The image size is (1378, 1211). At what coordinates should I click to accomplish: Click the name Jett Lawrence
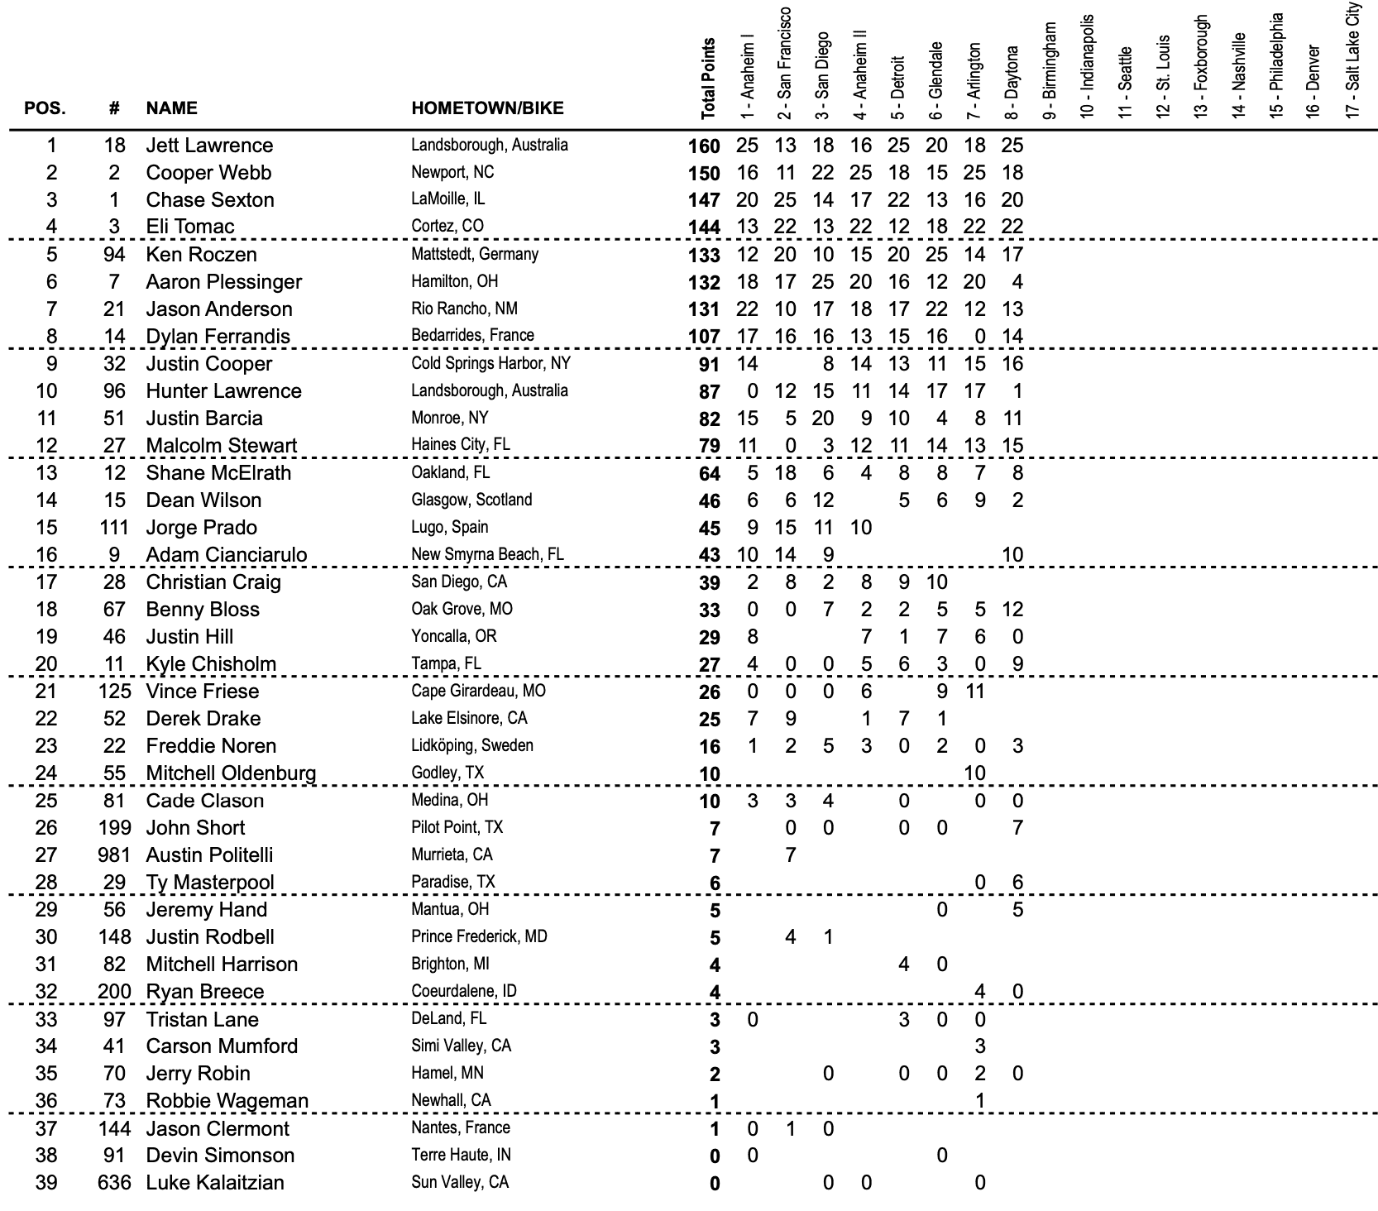click(x=209, y=146)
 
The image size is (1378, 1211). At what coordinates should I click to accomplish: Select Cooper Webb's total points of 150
click(x=703, y=174)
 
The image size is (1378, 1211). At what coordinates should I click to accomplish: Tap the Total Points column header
click(x=708, y=79)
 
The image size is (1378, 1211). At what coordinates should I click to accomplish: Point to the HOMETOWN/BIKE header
click(x=487, y=108)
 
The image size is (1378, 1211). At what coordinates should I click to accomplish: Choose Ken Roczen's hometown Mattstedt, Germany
click(x=475, y=254)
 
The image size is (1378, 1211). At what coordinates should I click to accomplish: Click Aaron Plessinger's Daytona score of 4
click(x=1017, y=282)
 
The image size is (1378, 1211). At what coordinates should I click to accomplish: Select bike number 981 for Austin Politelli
click(x=114, y=855)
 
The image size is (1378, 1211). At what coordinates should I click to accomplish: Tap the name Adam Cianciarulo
click(x=226, y=555)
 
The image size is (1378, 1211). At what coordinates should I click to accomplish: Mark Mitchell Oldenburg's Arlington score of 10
click(x=975, y=773)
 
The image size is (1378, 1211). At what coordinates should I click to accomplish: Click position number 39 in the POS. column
click(x=46, y=1183)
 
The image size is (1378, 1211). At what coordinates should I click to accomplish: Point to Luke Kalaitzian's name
click(x=215, y=1183)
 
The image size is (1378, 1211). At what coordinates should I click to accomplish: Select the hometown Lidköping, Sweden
click(x=472, y=745)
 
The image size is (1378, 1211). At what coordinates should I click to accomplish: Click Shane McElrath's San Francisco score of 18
click(x=785, y=473)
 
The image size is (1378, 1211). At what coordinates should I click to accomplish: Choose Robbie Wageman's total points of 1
click(x=715, y=1102)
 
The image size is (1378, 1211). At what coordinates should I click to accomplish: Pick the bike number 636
click(x=114, y=1183)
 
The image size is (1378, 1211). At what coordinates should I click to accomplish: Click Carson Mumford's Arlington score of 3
click(x=979, y=1046)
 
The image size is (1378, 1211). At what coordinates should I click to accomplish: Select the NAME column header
click(x=171, y=108)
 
